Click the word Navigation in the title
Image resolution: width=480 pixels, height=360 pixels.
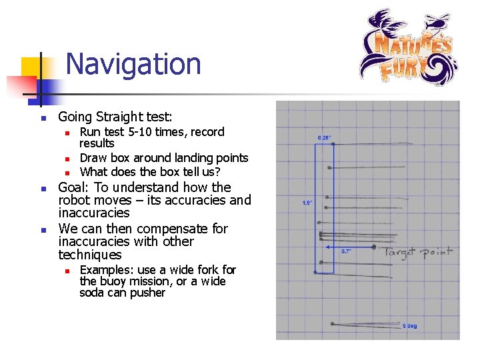coord(133,65)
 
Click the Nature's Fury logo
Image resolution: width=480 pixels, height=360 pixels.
coord(407,48)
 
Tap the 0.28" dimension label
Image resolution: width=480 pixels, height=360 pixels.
coord(325,138)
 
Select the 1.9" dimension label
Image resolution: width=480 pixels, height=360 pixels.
coord(307,203)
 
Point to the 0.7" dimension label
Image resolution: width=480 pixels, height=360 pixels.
coord(347,251)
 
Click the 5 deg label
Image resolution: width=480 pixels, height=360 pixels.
coord(410,327)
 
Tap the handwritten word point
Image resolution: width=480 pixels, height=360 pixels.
coord(438,252)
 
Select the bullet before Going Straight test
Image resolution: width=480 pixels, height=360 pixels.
coord(42,118)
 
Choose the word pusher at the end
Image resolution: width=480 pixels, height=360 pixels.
coord(149,293)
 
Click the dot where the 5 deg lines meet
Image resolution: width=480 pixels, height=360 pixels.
coord(332,325)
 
